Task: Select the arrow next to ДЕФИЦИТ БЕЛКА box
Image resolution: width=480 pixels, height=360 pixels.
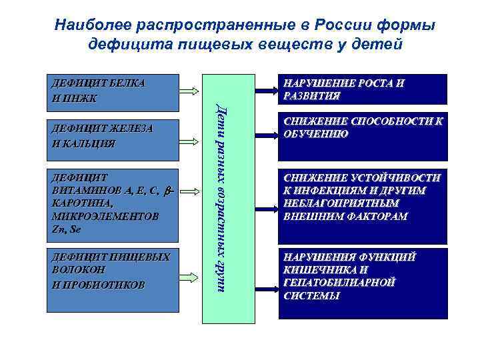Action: (x=190, y=91)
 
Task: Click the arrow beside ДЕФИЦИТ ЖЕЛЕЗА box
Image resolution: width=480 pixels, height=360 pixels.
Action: (x=190, y=141)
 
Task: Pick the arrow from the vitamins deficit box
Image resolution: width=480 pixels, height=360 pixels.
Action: (x=190, y=191)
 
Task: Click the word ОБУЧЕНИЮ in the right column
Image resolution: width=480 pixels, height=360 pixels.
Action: (x=315, y=133)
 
